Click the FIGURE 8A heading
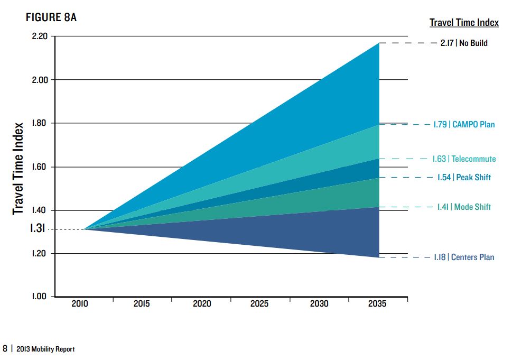click(x=51, y=17)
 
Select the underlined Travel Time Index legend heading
click(x=464, y=22)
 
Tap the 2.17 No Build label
click(x=464, y=43)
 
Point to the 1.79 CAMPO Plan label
click(x=464, y=125)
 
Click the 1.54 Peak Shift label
click(x=464, y=177)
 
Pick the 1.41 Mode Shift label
click(x=464, y=207)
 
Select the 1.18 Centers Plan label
click(x=464, y=257)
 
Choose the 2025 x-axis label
click(x=259, y=304)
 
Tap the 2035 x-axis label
click(x=377, y=304)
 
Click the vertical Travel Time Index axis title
click(x=19, y=169)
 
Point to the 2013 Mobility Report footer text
click(x=45, y=349)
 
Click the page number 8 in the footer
click(x=5, y=349)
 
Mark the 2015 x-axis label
click(x=142, y=304)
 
